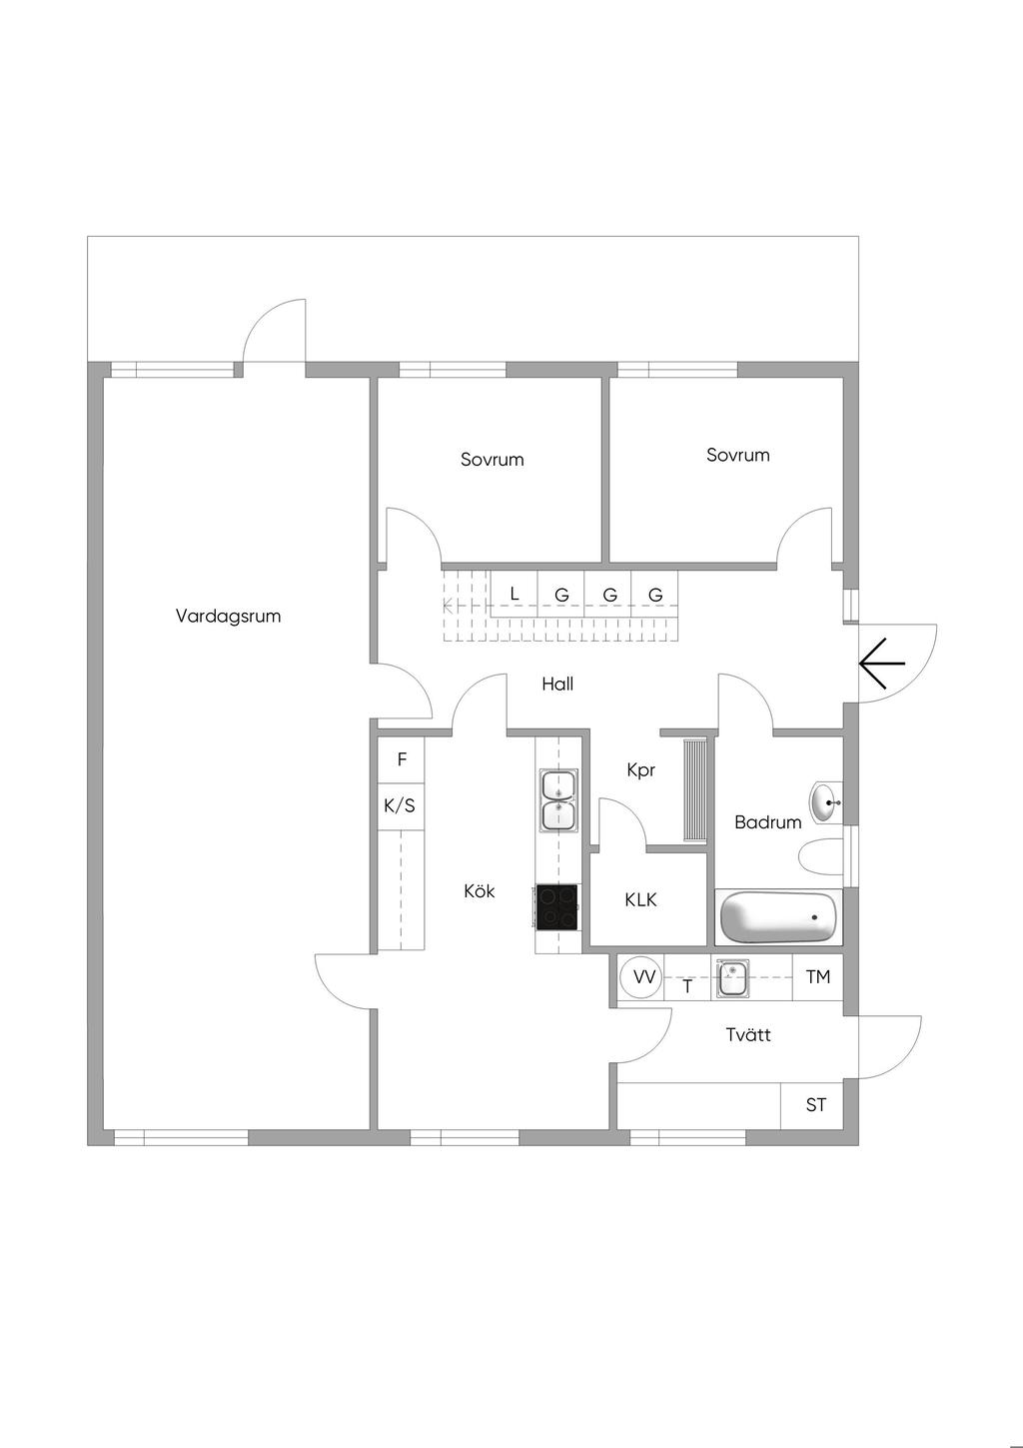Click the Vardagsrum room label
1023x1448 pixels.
[228, 616]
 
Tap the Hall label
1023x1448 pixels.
[557, 684]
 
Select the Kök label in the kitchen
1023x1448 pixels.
[480, 890]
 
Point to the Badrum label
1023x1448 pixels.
[767, 822]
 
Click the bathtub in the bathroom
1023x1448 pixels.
[778, 918]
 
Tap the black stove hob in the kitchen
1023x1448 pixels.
[556, 907]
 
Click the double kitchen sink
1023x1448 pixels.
[559, 800]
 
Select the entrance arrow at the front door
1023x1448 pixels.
[882, 664]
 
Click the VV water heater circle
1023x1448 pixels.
[641, 976]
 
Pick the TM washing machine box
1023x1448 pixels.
[817, 977]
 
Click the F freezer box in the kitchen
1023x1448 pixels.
[402, 759]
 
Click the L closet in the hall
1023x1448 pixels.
[514, 594]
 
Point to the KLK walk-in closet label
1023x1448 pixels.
[640, 899]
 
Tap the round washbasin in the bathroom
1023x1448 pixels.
[825, 802]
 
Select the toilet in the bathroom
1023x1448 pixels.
[821, 857]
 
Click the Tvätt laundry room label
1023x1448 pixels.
[748, 1034]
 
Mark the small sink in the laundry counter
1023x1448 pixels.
[732, 977]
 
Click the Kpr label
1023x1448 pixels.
[641, 769]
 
